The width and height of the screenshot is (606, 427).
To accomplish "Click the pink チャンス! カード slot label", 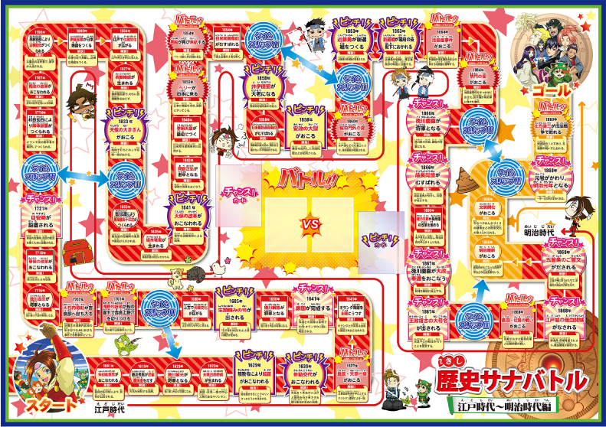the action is (234, 191).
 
